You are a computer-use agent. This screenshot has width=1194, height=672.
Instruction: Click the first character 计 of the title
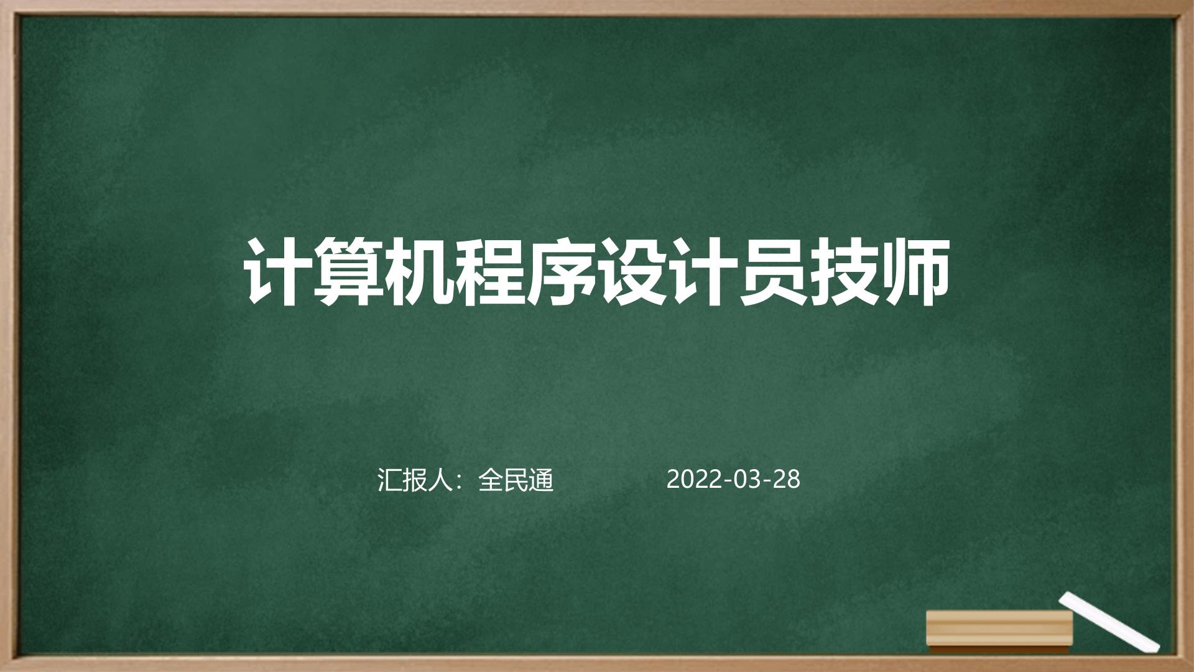coord(277,272)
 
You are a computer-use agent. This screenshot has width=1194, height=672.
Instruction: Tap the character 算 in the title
coord(348,272)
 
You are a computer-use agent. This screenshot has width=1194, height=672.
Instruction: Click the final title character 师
coord(915,272)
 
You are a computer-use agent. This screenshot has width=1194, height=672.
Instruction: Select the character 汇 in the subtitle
coord(390,480)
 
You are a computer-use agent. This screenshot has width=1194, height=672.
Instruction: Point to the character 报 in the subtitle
coord(415,480)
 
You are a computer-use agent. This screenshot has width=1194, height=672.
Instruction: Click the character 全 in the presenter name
coord(491,480)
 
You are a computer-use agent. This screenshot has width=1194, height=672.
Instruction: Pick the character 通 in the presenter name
coord(541,480)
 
